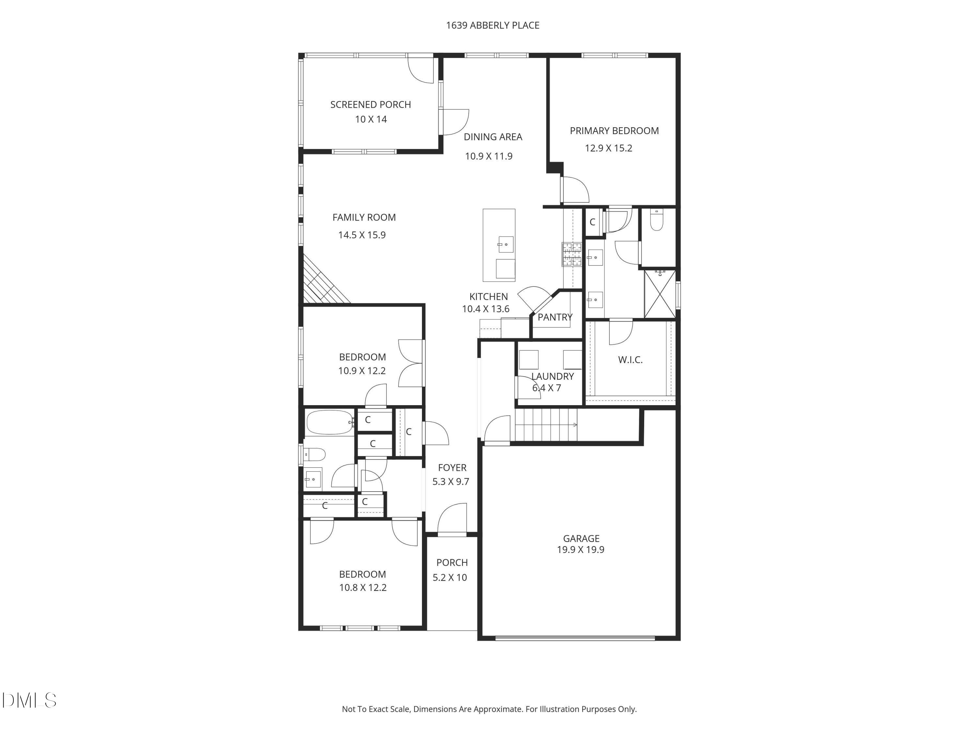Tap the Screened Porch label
pyautogui.click(x=370, y=104)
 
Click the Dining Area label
pyautogui.click(x=492, y=137)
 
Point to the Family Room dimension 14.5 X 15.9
pyautogui.click(x=362, y=235)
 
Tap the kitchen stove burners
pyautogui.click(x=571, y=254)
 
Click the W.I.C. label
pyautogui.click(x=630, y=360)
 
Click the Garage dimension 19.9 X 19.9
pyautogui.click(x=580, y=549)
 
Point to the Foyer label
pyautogui.click(x=452, y=468)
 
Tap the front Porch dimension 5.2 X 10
pyautogui.click(x=450, y=577)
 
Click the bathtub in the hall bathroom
pyautogui.click(x=330, y=422)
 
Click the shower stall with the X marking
pyautogui.click(x=660, y=294)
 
